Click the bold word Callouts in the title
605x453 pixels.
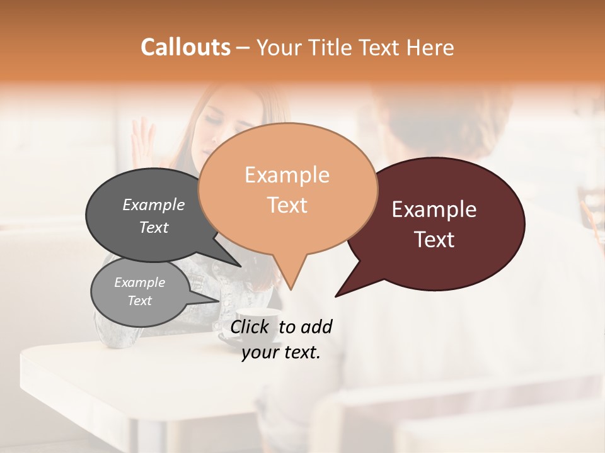(185, 47)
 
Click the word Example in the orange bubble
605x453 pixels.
(287, 175)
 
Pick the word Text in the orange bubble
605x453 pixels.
(287, 204)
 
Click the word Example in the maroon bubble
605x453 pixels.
(434, 210)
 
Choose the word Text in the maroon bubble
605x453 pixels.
(434, 239)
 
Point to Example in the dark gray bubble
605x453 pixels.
(153, 204)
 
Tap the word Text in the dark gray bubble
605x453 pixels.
(153, 227)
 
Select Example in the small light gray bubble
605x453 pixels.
(139, 282)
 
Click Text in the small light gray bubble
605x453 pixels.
(139, 301)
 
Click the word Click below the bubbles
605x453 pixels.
(251, 327)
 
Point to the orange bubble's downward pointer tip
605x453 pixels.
(291, 289)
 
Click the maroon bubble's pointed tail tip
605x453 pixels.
(336, 296)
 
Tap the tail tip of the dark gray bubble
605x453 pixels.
(240, 266)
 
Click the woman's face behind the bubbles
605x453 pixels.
(221, 116)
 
